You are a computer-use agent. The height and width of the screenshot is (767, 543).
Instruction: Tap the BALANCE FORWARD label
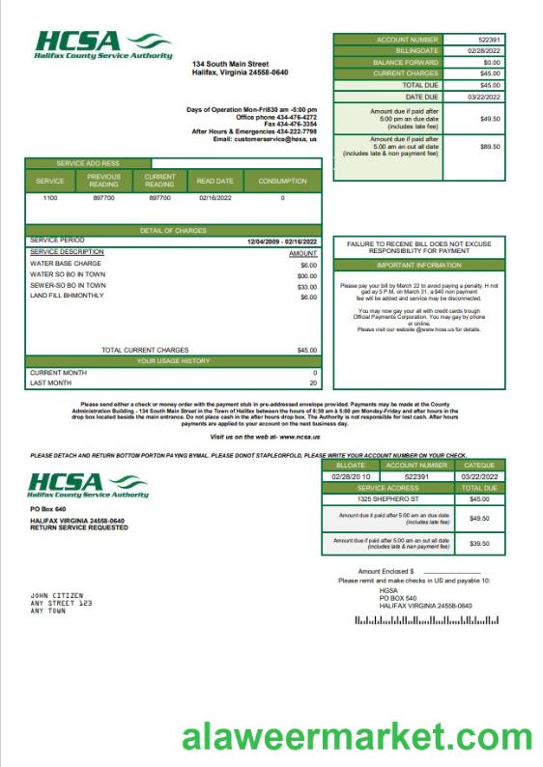(x=406, y=62)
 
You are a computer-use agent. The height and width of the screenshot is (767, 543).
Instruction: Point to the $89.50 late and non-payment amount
(x=490, y=147)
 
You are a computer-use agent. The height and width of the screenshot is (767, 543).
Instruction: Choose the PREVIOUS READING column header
(x=103, y=181)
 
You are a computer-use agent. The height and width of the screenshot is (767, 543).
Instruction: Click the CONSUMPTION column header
(x=282, y=181)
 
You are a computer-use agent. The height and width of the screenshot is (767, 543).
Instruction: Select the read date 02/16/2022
(x=215, y=197)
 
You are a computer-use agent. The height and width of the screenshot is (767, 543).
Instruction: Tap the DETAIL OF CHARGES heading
(x=172, y=230)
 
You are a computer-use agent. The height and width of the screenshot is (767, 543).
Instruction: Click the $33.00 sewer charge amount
(x=307, y=286)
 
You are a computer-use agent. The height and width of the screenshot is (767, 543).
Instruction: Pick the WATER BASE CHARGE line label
(x=66, y=264)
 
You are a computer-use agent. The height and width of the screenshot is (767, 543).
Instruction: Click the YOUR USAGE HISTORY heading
(x=173, y=360)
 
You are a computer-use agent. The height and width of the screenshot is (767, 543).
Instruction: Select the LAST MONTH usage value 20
(x=313, y=383)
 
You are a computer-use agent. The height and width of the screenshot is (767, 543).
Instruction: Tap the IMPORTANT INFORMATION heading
(x=418, y=265)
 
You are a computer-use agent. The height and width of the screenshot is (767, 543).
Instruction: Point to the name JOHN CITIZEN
(x=57, y=595)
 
